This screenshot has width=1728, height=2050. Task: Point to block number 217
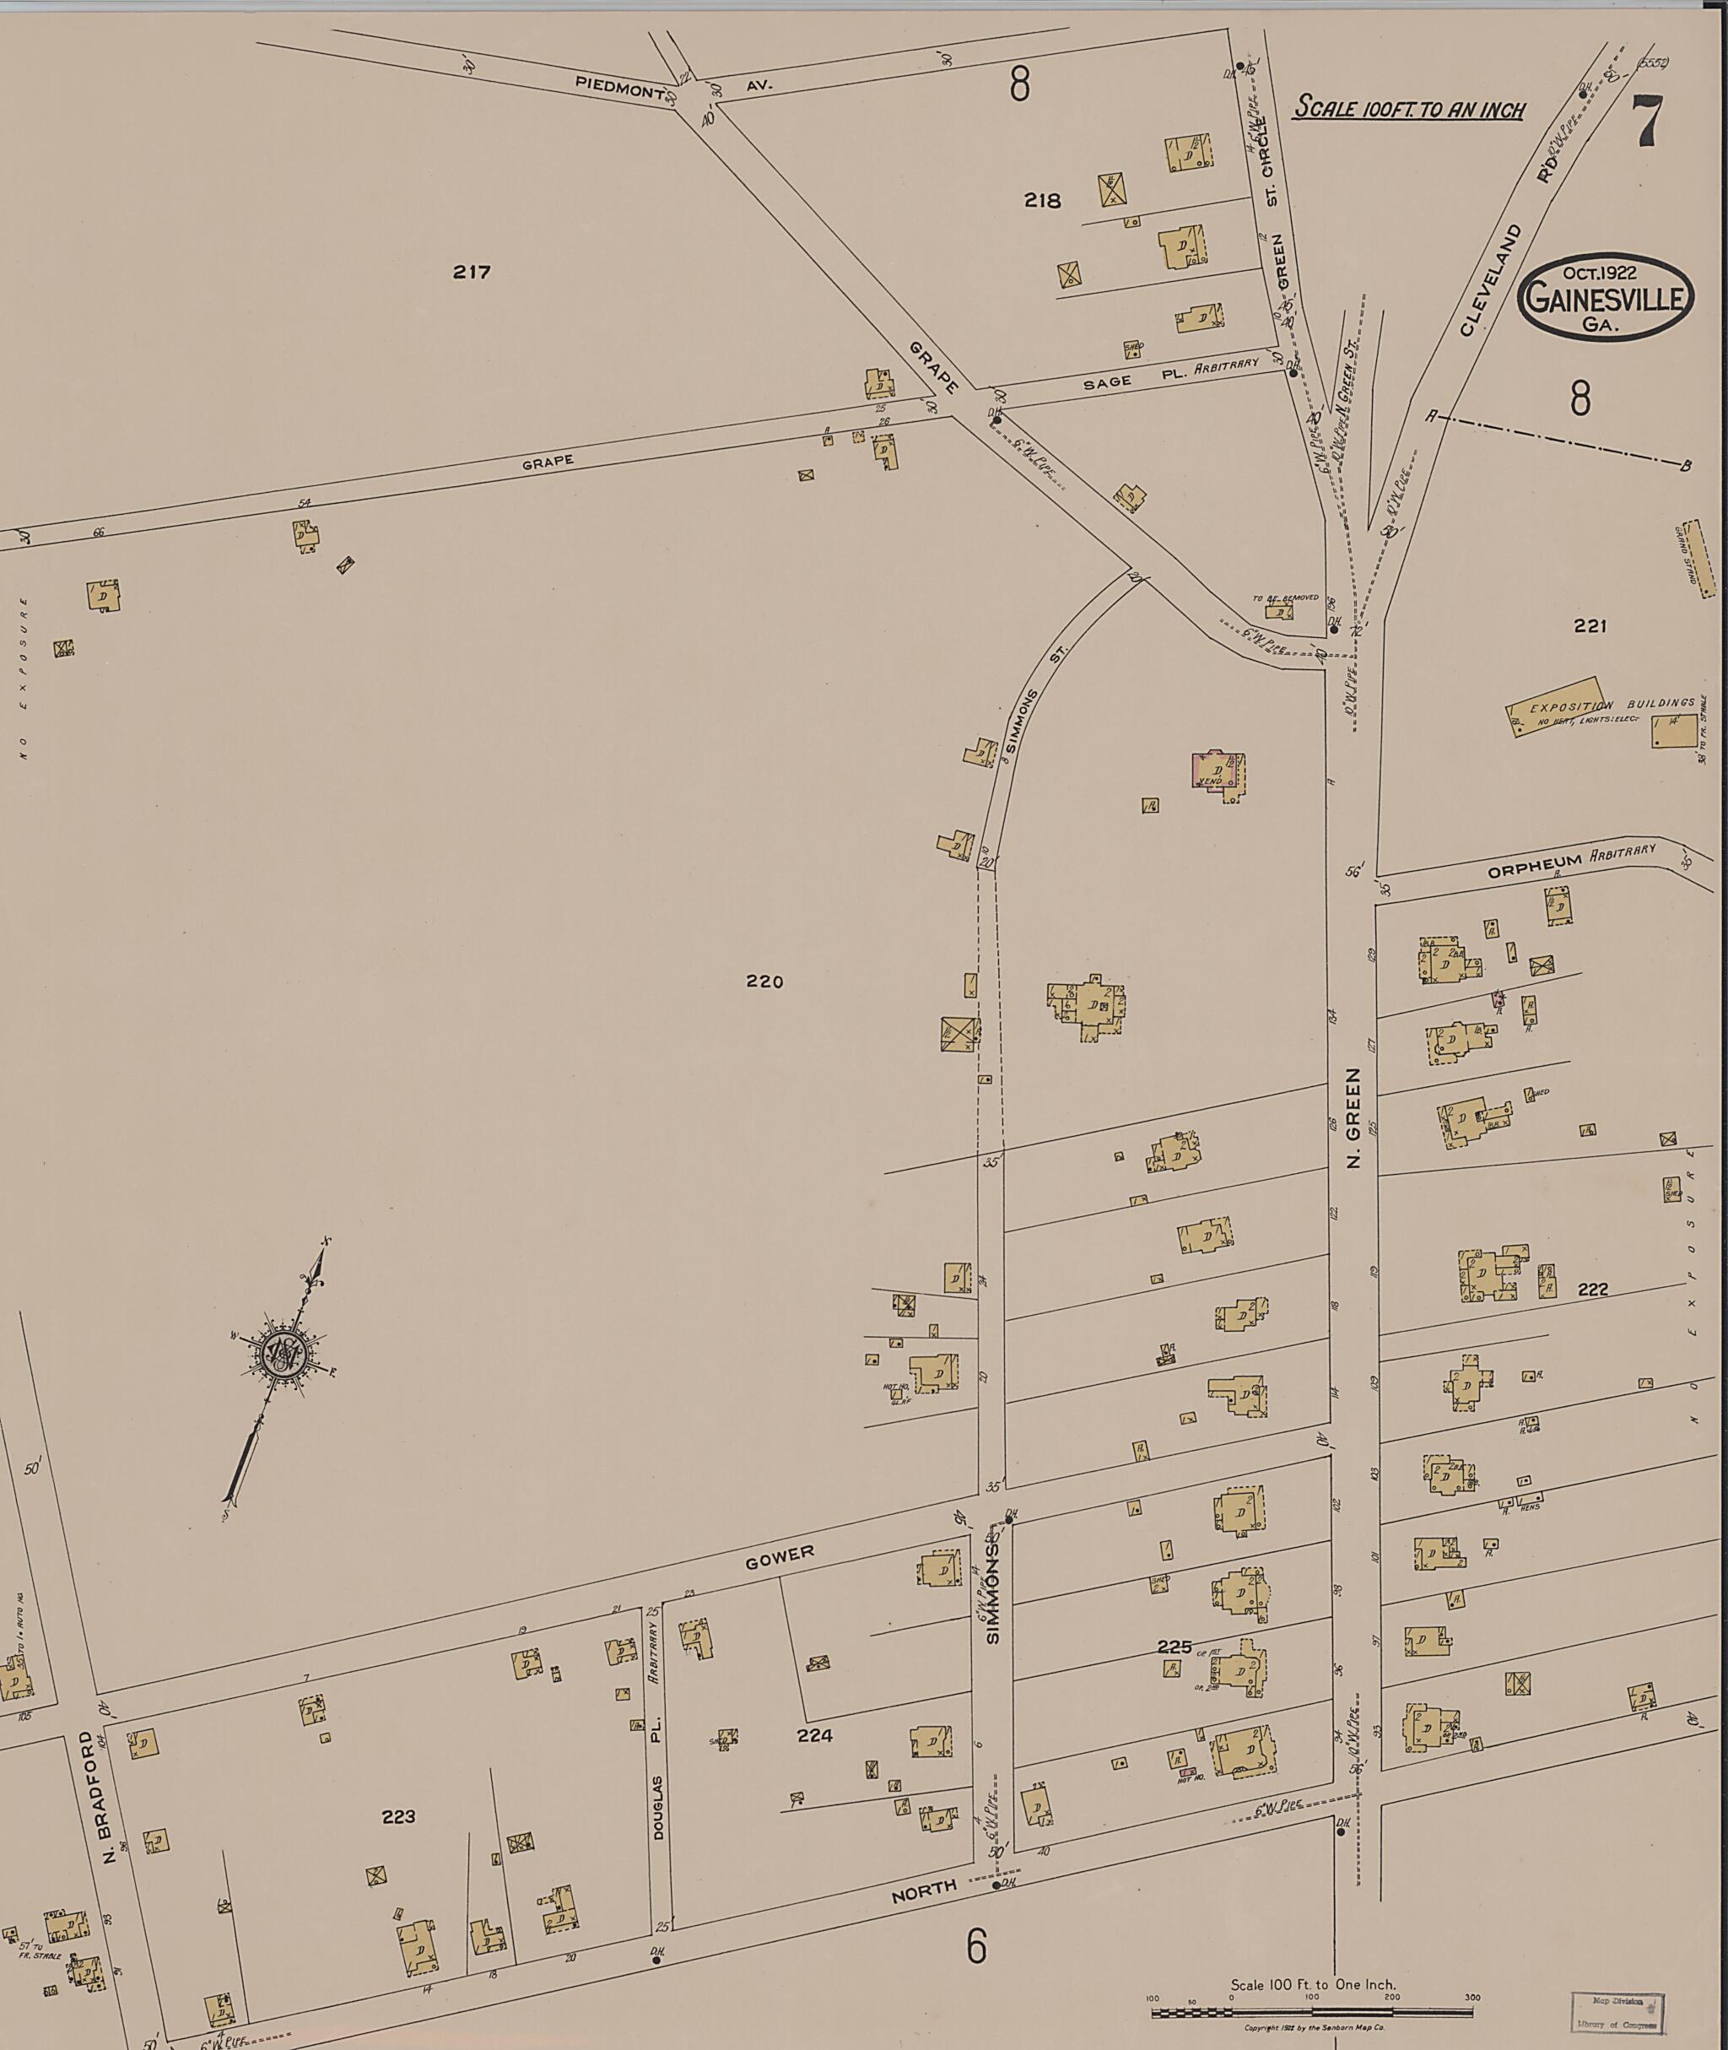click(x=471, y=273)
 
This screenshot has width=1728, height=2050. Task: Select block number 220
click(x=764, y=981)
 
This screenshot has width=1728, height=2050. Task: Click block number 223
click(x=399, y=1815)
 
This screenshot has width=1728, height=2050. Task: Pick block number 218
click(x=1042, y=201)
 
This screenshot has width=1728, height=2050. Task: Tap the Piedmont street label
click(x=620, y=88)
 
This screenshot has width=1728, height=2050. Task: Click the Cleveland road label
click(x=1491, y=279)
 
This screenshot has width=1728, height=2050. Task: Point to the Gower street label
click(x=780, y=1557)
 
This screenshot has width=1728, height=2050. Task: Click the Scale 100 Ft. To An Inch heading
click(x=1410, y=108)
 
